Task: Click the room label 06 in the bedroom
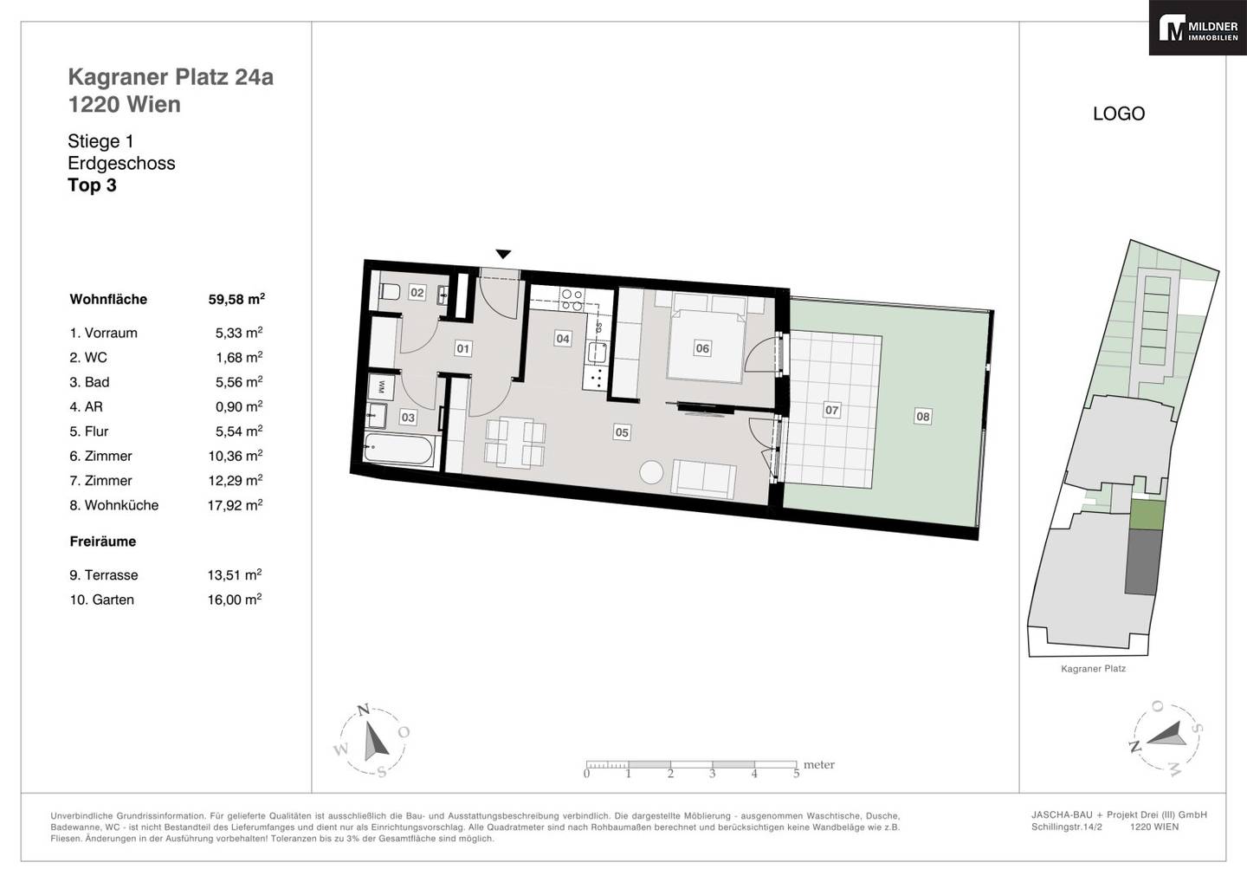[702, 348]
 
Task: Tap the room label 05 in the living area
[622, 432]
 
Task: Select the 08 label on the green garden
[922, 416]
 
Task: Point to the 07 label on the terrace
[831, 411]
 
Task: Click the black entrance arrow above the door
[503, 254]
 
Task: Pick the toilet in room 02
[389, 291]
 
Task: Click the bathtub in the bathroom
[398, 450]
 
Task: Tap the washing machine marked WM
[382, 386]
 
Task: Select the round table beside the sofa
[651, 472]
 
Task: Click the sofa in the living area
[704, 479]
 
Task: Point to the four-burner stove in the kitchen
[572, 300]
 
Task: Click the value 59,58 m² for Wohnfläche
[236, 298]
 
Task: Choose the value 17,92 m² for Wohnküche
[235, 505]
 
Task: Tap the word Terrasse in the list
[112, 575]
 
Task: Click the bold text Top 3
[92, 185]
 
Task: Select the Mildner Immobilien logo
[1198, 28]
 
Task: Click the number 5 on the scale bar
[796, 774]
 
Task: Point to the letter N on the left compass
[364, 710]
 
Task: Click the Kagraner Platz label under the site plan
[1094, 669]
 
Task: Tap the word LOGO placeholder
[1119, 113]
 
